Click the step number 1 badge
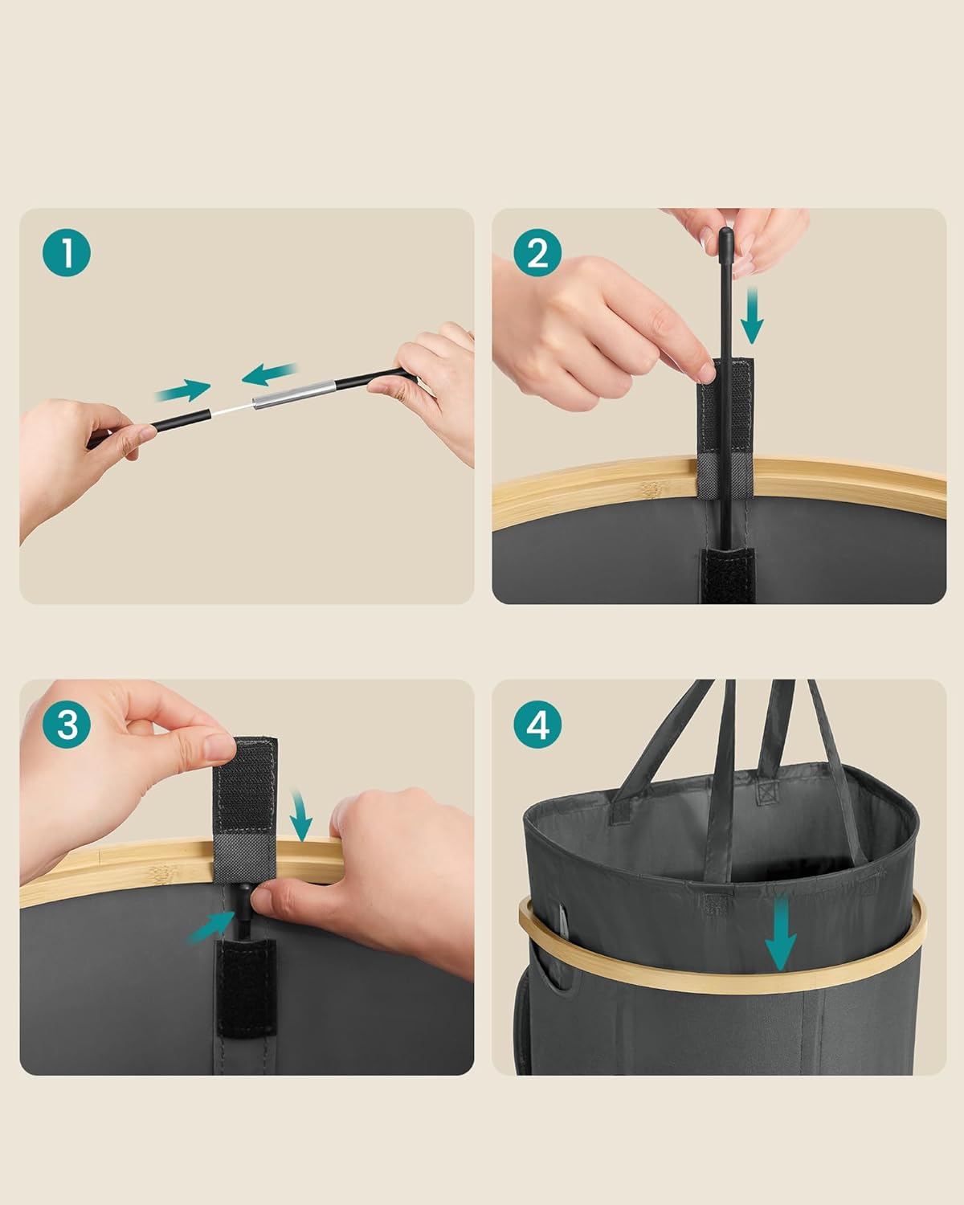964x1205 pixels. tap(67, 252)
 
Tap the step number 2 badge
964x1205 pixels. tap(537, 252)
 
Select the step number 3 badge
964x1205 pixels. tap(67, 725)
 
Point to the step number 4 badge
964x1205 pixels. tap(537, 725)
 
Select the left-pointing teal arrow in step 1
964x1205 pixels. tap(269, 374)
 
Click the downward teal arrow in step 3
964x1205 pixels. tap(300, 816)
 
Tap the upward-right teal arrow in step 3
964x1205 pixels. tap(212, 927)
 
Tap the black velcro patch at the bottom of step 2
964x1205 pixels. tap(728, 576)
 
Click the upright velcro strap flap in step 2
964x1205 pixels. tap(725, 428)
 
